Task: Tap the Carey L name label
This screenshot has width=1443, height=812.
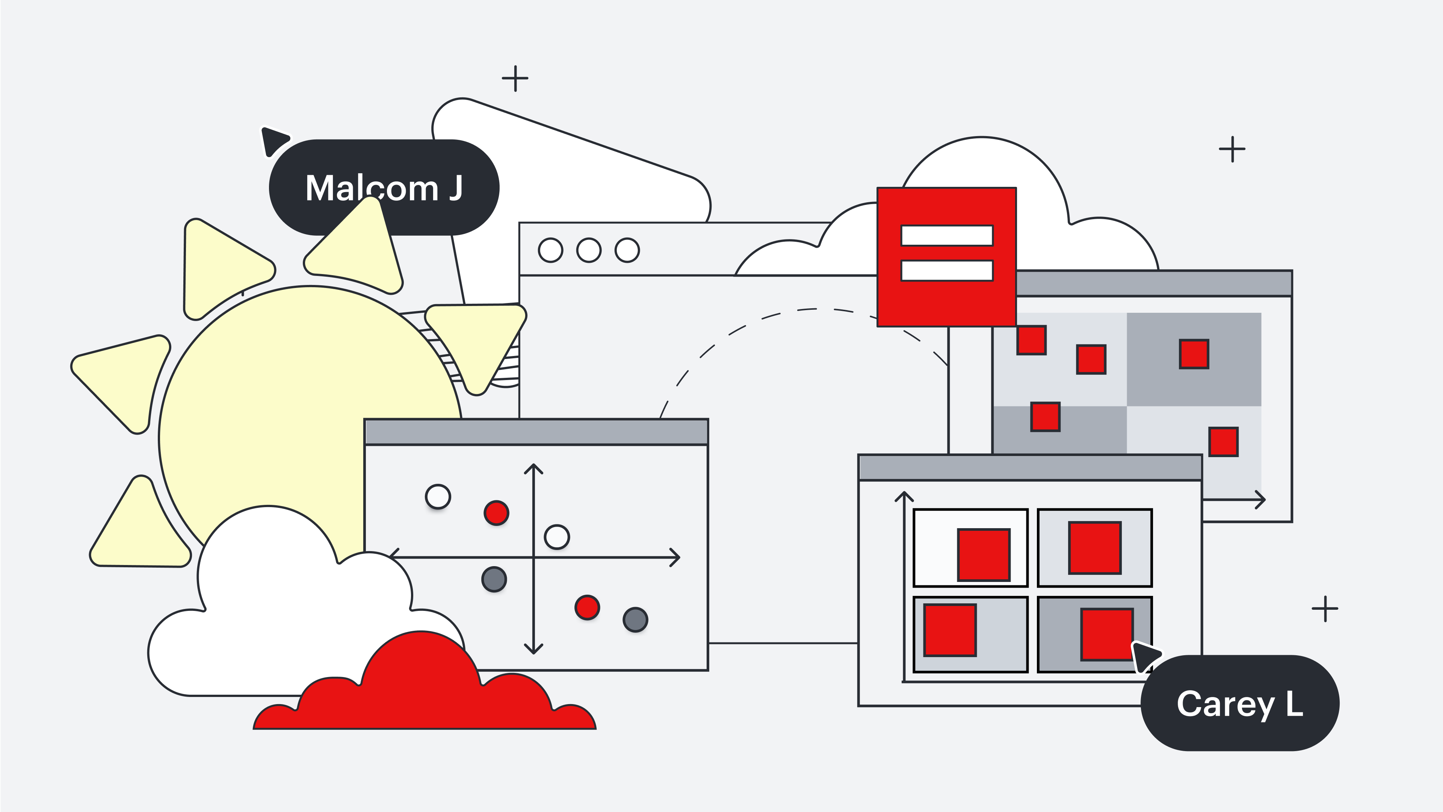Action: [x=1239, y=703]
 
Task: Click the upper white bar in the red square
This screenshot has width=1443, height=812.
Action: [x=947, y=235]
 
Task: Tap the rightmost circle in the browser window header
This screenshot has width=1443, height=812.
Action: [x=627, y=250]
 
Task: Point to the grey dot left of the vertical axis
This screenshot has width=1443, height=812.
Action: [x=494, y=579]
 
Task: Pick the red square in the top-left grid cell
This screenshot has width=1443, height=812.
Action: [x=984, y=555]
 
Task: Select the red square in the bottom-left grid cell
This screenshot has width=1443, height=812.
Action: [x=950, y=630]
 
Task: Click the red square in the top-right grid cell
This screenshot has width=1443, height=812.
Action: [x=1095, y=547]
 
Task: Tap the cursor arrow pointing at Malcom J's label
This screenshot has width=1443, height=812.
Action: [x=274, y=140]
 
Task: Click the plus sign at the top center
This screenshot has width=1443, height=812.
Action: [x=515, y=79]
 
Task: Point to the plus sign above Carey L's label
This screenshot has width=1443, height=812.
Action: [x=1325, y=609]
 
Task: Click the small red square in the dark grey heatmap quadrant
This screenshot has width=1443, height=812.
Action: [x=1194, y=354]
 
